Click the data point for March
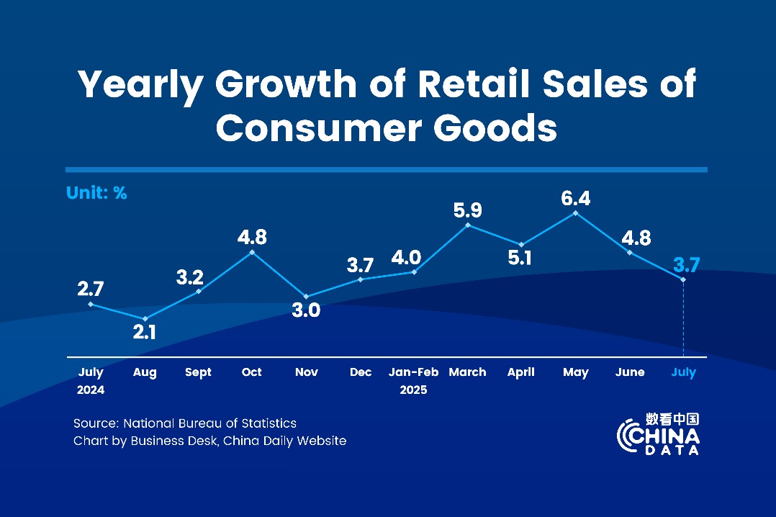tap(468, 225)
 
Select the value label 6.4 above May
tap(575, 198)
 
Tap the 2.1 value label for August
tap(144, 332)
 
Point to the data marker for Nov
tap(306, 297)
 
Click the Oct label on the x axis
tap(252, 372)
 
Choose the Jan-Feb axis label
tap(413, 372)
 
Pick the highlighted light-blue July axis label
tap(683, 372)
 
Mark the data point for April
tap(521, 245)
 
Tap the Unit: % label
tap(96, 193)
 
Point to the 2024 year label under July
tap(91, 390)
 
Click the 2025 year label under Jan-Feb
tap(413, 390)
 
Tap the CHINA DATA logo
tap(659, 434)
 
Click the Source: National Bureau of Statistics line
tap(185, 423)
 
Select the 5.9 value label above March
tap(468, 211)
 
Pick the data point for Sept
tap(198, 291)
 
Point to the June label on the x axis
tap(630, 372)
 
